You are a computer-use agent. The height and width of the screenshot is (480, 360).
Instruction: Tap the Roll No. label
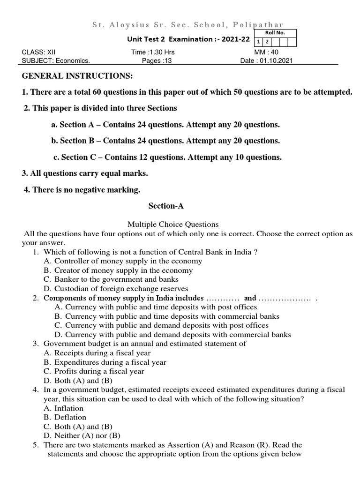pos(274,33)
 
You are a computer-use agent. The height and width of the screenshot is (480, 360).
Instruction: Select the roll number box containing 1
pos(257,42)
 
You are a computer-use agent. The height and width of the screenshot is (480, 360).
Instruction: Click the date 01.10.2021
pos(266,61)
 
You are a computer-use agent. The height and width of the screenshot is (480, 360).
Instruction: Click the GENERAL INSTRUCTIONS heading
pos(77,76)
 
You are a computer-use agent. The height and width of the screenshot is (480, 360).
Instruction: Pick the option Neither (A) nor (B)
pos(82,435)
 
